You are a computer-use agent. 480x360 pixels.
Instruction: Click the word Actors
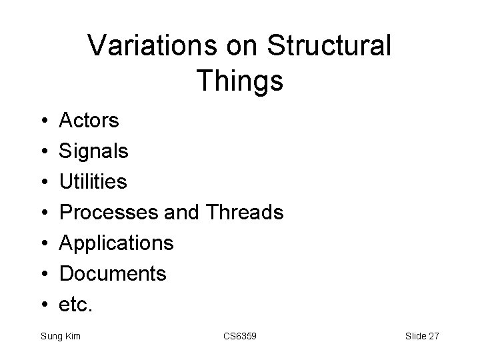(89, 121)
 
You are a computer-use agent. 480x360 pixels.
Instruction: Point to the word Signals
(94, 151)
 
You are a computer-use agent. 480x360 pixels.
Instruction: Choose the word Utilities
(93, 182)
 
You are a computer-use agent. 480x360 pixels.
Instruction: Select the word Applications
(117, 243)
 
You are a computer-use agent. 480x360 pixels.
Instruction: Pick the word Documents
(113, 273)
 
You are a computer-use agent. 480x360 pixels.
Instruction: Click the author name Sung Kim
(60, 336)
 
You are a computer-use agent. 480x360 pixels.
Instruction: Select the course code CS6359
(239, 336)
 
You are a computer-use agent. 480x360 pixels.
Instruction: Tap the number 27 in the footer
(433, 336)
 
